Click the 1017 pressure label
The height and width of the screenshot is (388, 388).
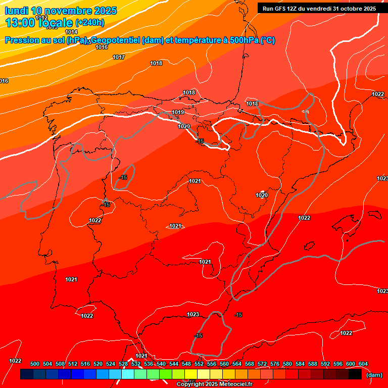point(119,57)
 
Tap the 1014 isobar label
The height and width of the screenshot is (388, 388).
point(71,32)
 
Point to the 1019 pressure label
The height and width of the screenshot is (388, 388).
point(178,112)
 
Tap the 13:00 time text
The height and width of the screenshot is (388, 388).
point(21,23)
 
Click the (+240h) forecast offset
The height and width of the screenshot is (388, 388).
point(90,23)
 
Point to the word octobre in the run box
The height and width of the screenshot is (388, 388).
point(347,9)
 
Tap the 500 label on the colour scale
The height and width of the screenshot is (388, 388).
point(35,364)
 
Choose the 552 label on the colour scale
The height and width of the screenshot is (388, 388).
point(199,364)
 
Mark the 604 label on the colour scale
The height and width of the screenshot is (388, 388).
point(363,364)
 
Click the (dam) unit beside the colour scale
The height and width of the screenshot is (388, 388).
point(374,374)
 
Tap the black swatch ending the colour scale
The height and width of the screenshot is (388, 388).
point(355,374)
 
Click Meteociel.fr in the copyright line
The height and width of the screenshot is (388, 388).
point(235,384)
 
